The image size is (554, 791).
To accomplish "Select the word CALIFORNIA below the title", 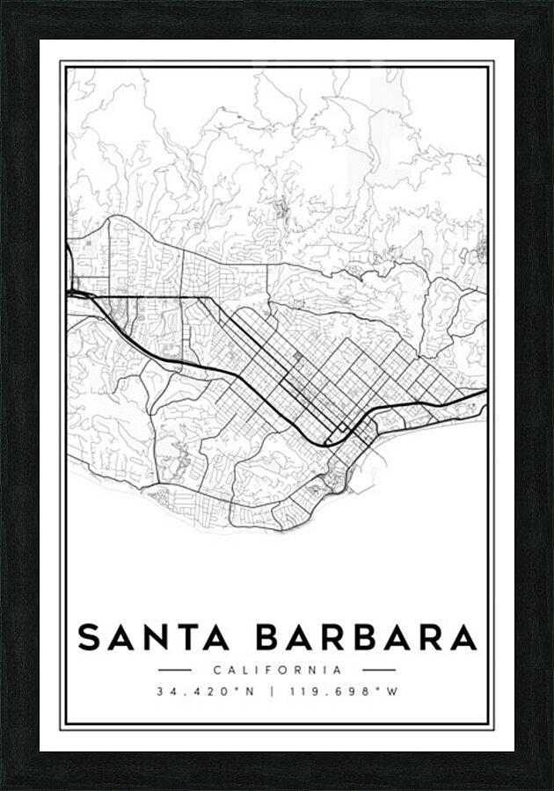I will point(277,671).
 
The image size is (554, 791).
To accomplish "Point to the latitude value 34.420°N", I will point(205,692).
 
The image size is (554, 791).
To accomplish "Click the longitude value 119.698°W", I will point(346,692).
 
